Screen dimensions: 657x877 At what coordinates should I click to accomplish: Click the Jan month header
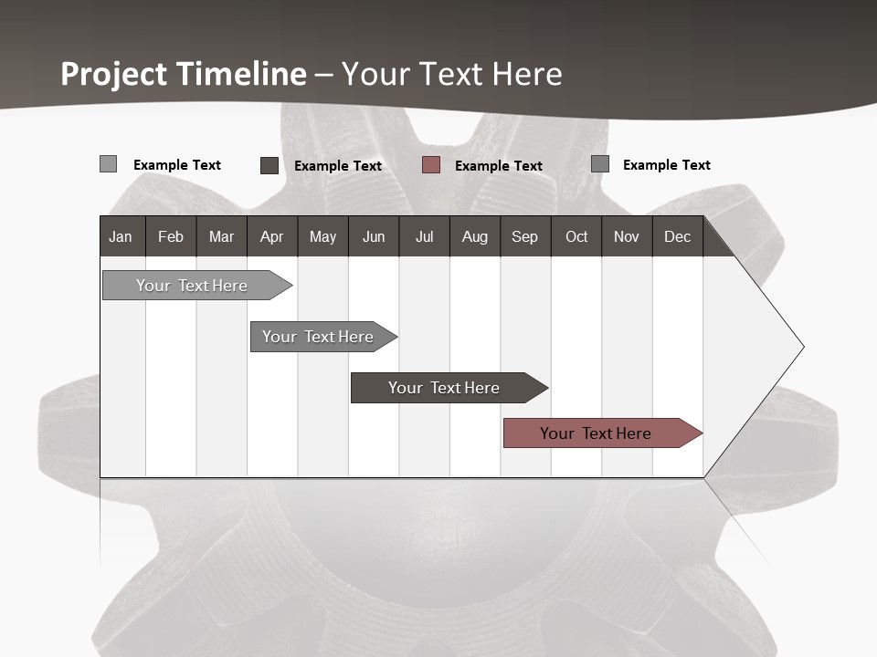tap(122, 236)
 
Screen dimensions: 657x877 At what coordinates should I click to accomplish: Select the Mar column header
tap(221, 236)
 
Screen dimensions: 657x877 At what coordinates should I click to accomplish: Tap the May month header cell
tap(322, 236)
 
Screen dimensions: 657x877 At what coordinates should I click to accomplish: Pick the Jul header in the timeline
tap(424, 236)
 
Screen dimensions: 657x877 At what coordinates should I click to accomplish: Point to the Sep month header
tap(524, 236)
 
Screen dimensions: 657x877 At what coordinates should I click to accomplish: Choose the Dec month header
tap(677, 236)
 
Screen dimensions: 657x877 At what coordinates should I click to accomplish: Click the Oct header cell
tap(576, 236)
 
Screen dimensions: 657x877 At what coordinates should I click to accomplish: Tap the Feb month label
tap(171, 236)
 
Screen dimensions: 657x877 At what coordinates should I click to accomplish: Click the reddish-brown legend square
tap(431, 165)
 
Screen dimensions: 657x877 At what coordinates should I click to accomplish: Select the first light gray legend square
tap(108, 164)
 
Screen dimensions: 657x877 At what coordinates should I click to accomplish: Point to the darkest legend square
tap(269, 165)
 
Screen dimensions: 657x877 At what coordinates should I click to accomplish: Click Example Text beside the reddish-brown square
tap(498, 166)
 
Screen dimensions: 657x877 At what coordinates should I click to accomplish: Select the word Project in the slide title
tap(114, 74)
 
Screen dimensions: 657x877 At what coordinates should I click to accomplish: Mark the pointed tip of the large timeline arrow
tap(802, 347)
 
